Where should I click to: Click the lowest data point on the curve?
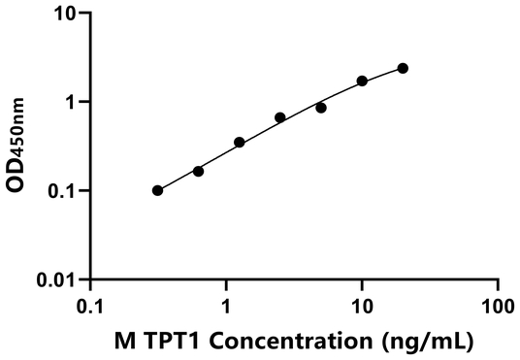158,190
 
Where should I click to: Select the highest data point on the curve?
403,68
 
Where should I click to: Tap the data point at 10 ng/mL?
362,82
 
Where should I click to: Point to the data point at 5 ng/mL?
321,108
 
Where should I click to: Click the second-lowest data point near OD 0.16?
199,171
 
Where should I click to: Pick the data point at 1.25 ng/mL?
240,143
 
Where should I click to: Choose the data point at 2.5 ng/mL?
280,117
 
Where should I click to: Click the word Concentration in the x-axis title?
276,342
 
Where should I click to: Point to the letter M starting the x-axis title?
123,342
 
